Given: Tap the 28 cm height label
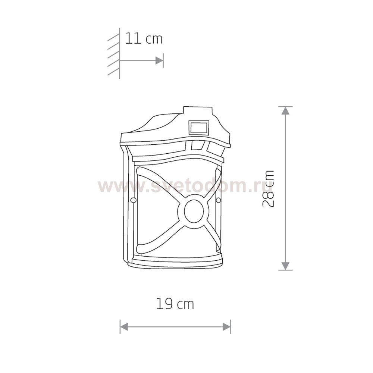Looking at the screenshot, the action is tap(268, 188).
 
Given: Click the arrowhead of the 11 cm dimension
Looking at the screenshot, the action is tap(159, 61).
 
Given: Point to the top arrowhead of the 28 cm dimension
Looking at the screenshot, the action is tap(285, 111).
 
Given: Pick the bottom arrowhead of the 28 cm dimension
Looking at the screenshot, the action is tap(285, 266).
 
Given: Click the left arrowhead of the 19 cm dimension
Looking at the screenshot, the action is tap(124, 327).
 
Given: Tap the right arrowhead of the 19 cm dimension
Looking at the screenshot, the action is tap(227, 327).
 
